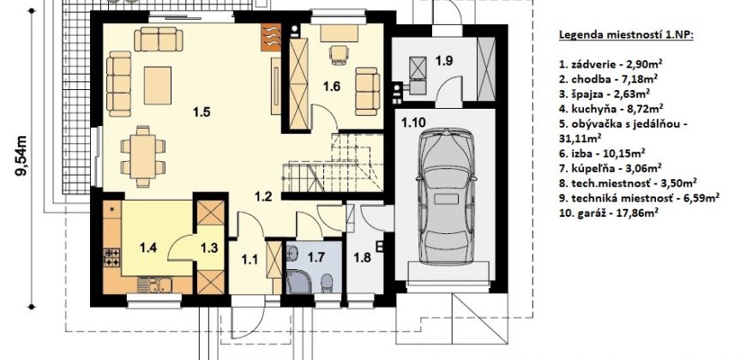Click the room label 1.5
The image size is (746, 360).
tap(202, 112)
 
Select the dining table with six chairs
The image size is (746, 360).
tap(142, 157)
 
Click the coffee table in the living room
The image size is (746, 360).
tap(158, 85)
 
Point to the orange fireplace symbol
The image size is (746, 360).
tap(271, 37)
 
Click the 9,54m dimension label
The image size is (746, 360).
tap(21, 155)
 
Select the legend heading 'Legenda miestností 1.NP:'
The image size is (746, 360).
tap(626, 35)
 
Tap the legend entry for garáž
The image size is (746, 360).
tap(609, 213)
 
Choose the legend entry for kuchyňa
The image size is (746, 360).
tap(611, 108)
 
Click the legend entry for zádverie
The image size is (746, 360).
tap(611, 63)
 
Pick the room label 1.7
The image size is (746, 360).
tap(316, 258)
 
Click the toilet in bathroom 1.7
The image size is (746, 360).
tap(327, 284)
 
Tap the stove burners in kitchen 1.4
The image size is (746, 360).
tap(111, 257)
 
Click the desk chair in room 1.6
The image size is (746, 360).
tap(338, 54)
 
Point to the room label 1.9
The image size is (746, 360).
tap(444, 60)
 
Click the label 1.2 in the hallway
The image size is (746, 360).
tap(263, 195)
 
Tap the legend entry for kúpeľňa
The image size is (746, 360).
tap(611, 167)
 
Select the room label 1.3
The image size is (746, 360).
tap(209, 248)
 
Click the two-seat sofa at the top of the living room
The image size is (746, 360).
tap(159, 39)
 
